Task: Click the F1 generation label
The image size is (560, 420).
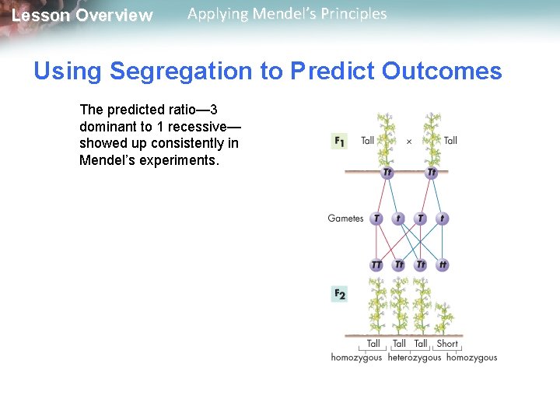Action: click(x=339, y=141)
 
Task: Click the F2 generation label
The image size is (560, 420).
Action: click(x=339, y=293)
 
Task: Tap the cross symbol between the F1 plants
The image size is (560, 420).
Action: click(x=409, y=142)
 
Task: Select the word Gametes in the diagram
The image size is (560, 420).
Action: click(x=345, y=219)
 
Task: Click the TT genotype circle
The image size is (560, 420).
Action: click(x=376, y=265)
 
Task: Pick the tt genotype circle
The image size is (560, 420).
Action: click(x=443, y=265)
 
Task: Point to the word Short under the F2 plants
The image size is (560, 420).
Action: click(x=447, y=343)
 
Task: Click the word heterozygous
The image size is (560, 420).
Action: click(x=414, y=358)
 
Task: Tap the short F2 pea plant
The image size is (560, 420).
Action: click(x=445, y=317)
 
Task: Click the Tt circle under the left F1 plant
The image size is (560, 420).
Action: click(x=387, y=173)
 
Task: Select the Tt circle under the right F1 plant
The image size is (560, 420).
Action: click(x=432, y=173)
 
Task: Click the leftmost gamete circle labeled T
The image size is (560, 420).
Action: click(x=376, y=219)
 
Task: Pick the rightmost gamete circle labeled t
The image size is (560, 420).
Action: click(x=443, y=219)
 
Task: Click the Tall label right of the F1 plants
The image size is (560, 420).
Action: click(x=450, y=141)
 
